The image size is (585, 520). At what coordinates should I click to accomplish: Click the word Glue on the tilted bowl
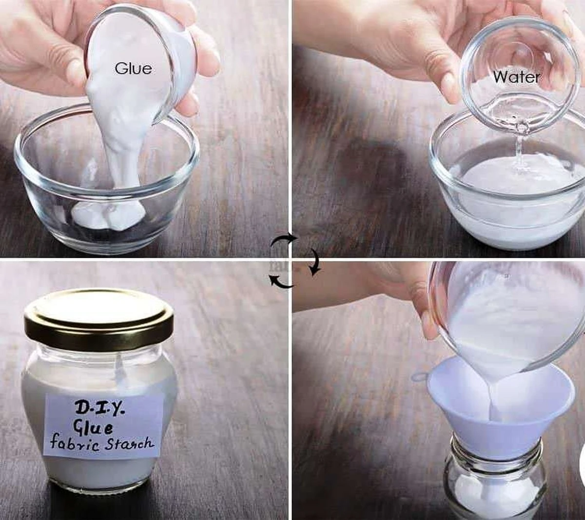pyautogui.click(x=133, y=69)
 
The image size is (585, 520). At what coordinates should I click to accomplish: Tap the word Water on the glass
pyautogui.click(x=516, y=77)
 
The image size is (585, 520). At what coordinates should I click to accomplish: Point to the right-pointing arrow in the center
pyautogui.click(x=284, y=241)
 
